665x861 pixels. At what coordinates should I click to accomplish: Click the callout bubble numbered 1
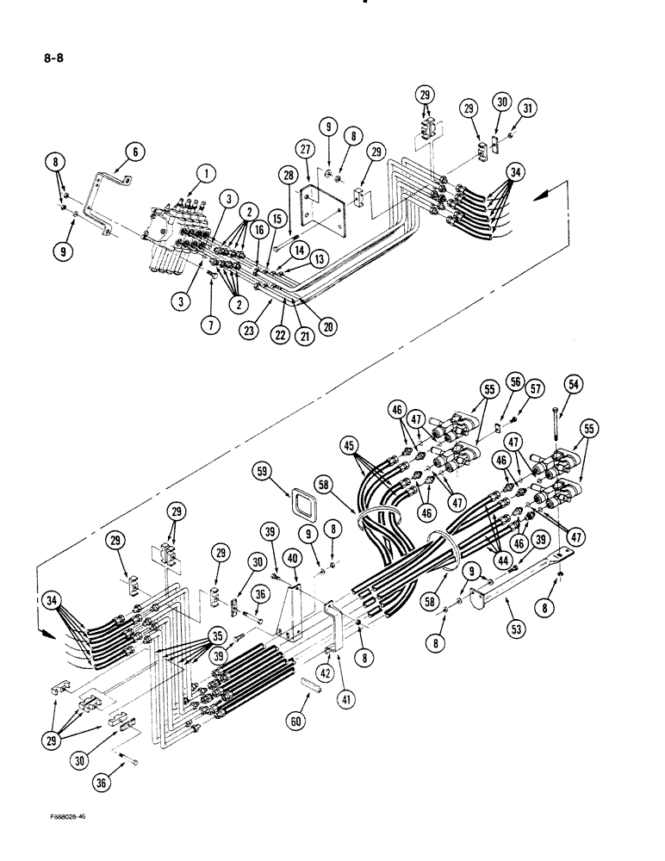click(x=204, y=175)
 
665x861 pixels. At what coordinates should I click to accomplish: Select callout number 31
click(x=527, y=108)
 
